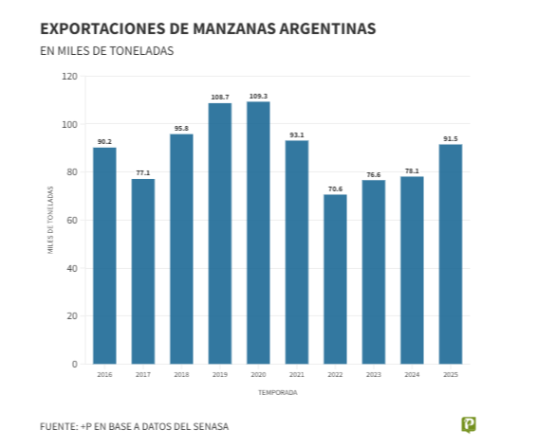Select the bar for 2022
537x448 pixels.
(335, 278)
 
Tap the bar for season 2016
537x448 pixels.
(104, 255)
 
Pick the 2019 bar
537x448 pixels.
(219, 233)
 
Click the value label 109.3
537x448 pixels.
(258, 96)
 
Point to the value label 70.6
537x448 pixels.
(335, 188)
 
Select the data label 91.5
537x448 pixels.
(450, 138)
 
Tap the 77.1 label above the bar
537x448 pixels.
(142, 172)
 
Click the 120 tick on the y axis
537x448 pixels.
(69, 76)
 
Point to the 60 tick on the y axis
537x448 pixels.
(72, 220)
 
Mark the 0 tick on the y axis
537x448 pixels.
(74, 364)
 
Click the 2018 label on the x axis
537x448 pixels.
(181, 375)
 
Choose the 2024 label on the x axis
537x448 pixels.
(412, 375)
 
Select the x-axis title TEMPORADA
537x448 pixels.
(277, 392)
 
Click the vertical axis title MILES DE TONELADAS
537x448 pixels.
(50, 220)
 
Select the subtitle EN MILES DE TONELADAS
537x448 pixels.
(106, 51)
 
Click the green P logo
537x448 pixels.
(468, 424)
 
